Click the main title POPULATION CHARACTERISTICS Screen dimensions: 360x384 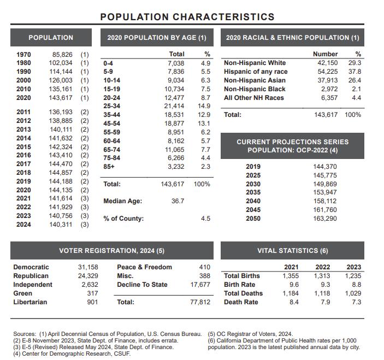pyautogui.click(x=187, y=17)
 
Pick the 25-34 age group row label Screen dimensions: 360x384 pyautogui.click(x=112, y=105)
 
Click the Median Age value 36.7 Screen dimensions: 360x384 pyautogui.click(x=178, y=201)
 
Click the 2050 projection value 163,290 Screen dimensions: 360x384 pyautogui.click(x=324, y=219)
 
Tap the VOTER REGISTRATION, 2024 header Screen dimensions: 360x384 pyautogui.click(x=111, y=251)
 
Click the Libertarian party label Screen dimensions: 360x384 pyautogui.click(x=30, y=302)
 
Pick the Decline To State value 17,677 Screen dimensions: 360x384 pyautogui.click(x=200, y=285)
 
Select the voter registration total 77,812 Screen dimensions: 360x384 pyautogui.click(x=200, y=302)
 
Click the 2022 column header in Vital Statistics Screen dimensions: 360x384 pyautogui.click(x=323, y=267)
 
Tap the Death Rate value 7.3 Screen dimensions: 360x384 pyautogui.click(x=356, y=302)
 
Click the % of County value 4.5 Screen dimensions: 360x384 pyautogui.click(x=205, y=219)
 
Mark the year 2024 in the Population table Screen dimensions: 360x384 pyautogui.click(x=23, y=225)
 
